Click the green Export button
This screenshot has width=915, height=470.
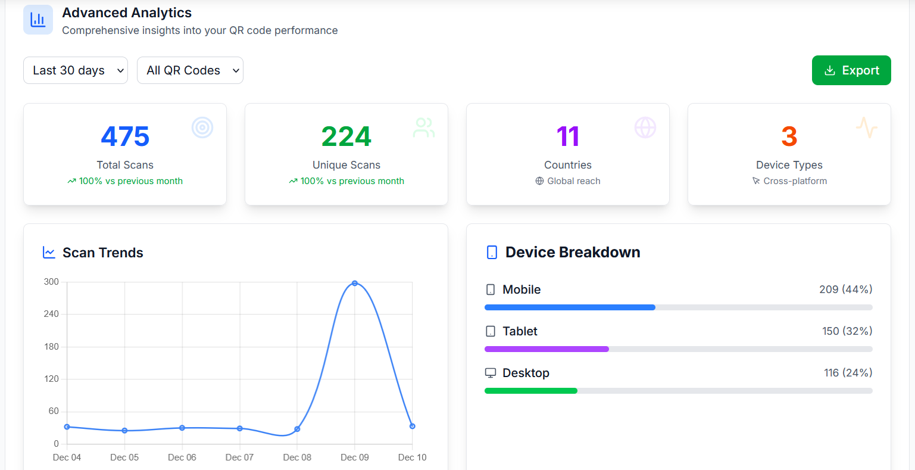pos(851,70)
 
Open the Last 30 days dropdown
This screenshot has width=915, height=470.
pos(76,70)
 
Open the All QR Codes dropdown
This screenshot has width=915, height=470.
pos(190,70)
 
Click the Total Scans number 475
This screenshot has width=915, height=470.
pos(125,136)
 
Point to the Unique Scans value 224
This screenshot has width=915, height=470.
pos(346,136)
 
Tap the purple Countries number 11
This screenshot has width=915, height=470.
pos(568,136)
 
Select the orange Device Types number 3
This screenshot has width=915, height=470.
pos(789,136)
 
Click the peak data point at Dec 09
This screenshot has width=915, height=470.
pos(355,283)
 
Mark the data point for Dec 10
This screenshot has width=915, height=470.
pos(413,426)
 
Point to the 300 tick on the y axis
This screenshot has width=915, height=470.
pos(52,282)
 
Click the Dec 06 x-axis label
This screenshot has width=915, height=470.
pos(182,457)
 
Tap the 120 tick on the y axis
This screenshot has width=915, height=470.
pos(52,379)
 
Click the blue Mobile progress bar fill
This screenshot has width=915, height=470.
pos(570,307)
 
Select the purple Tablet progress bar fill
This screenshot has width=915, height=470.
pos(546,349)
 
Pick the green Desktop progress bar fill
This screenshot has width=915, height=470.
pos(531,391)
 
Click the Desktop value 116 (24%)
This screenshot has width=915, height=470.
pos(848,373)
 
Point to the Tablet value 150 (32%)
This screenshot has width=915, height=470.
pos(847,331)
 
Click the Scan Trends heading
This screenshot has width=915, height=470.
pos(103,253)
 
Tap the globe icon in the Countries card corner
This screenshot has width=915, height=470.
pos(645,127)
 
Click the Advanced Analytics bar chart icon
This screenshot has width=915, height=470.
pos(38,20)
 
